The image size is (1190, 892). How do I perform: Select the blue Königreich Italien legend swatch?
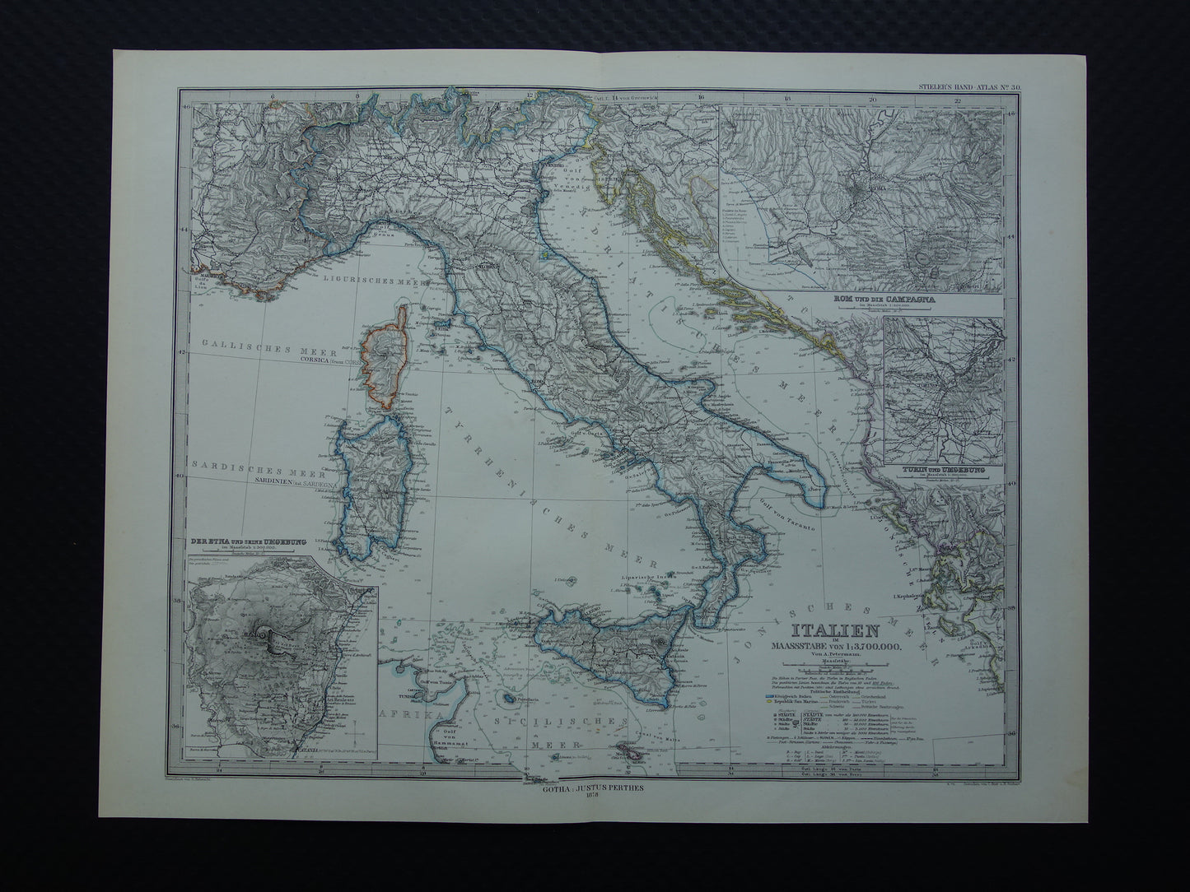click(x=770, y=699)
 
